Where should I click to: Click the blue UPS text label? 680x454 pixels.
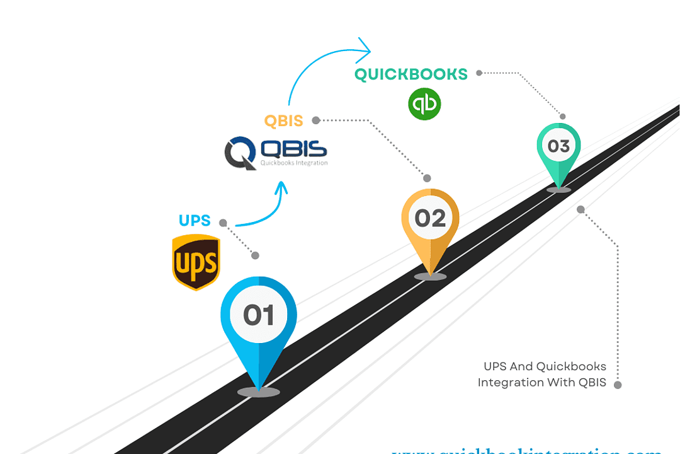(195, 221)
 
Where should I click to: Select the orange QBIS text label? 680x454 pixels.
(283, 120)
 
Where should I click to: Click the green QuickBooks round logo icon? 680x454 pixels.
(424, 104)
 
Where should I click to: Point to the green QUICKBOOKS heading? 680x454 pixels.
(411, 74)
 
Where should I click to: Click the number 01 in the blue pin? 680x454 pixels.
(259, 314)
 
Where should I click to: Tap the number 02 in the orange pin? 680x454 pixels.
(430, 218)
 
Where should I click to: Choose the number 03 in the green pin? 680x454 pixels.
(558, 146)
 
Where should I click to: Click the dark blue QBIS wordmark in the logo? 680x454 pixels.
(294, 149)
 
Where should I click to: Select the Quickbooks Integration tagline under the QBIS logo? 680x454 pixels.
(294, 163)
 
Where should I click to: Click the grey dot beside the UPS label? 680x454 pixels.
(223, 223)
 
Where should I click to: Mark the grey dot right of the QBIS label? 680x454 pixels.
(316, 120)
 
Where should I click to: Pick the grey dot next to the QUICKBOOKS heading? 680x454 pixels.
(479, 73)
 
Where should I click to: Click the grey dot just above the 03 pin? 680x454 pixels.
(563, 117)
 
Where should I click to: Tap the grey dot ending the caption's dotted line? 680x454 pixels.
(618, 385)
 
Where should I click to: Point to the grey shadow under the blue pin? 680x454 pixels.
(259, 392)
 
